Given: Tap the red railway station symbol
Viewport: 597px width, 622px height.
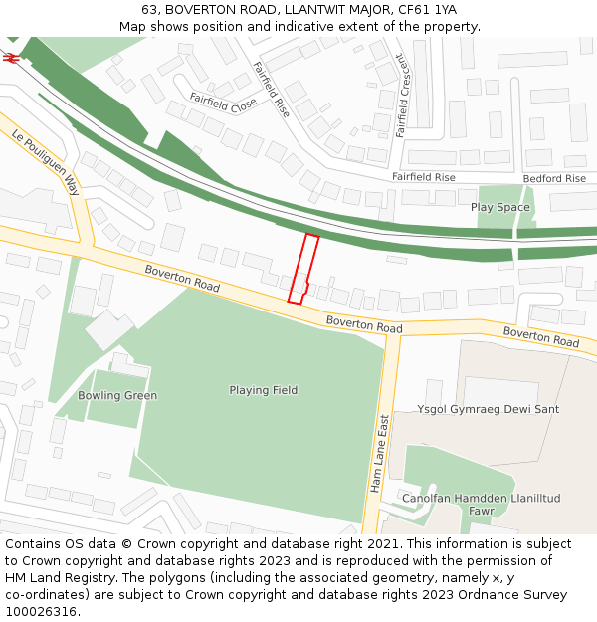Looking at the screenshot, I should [11, 58].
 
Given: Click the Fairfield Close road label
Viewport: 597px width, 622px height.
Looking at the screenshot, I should [224, 103].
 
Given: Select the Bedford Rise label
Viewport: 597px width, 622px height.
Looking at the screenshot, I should [554, 178].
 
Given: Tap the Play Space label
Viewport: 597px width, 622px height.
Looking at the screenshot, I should [499, 207].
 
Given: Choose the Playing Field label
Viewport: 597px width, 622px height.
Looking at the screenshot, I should [263, 390].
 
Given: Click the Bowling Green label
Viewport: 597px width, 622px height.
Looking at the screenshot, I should [117, 395].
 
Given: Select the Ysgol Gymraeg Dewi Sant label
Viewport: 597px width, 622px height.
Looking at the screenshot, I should [488, 409].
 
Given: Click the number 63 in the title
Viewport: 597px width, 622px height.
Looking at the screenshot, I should [150, 9].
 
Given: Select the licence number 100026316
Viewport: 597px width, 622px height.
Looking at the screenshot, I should [43, 612].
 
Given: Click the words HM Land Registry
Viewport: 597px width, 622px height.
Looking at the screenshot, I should [55, 578].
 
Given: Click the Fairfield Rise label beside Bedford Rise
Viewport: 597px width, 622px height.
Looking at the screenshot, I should [423, 177].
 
